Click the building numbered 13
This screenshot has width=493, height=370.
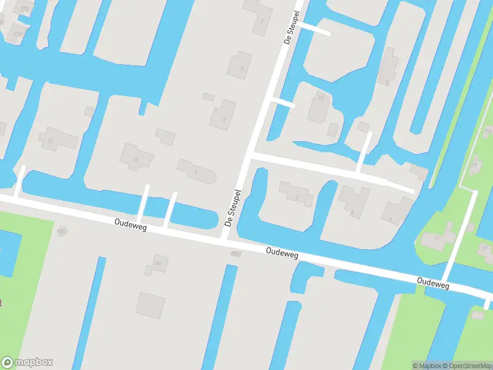pyautogui.click(x=55, y=139)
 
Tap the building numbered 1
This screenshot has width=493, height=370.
pyautogui.click(x=197, y=171)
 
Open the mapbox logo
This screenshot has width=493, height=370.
pyautogui.click(x=27, y=363)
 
